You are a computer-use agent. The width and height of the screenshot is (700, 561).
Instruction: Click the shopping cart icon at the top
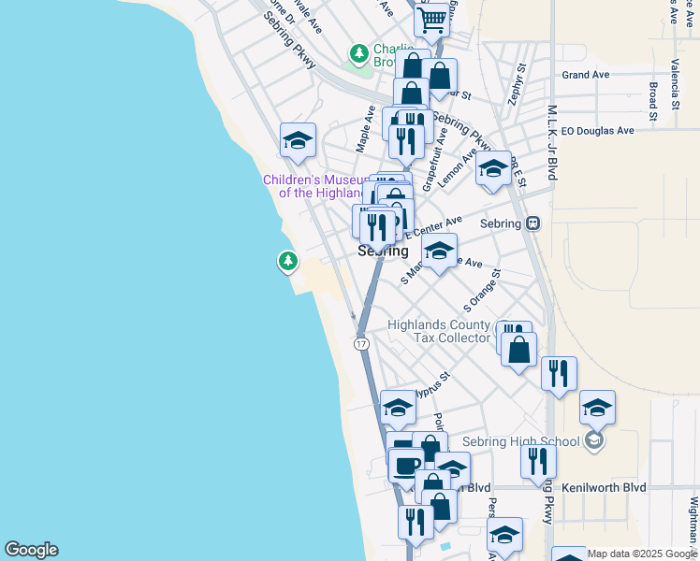click(432, 19)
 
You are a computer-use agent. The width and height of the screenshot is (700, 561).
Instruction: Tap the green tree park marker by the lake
click(288, 261)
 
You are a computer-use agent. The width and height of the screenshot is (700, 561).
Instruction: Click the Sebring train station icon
click(532, 223)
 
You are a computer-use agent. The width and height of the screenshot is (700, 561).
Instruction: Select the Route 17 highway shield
click(361, 344)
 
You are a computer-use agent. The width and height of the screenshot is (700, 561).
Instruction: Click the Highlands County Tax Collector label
click(439, 331)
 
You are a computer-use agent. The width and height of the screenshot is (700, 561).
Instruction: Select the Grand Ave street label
click(586, 75)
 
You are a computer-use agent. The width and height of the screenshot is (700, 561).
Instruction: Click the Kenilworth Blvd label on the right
click(604, 488)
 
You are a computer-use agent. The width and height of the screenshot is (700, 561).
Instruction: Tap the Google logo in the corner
click(31, 550)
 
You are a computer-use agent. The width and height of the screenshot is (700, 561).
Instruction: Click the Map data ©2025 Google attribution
click(642, 554)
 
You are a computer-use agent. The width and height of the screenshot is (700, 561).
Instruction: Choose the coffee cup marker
click(405, 466)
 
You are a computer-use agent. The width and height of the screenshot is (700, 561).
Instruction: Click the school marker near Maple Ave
click(298, 141)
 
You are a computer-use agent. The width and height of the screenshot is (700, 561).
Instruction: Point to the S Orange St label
click(483, 291)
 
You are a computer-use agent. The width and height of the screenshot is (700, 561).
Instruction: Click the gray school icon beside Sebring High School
click(593, 440)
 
